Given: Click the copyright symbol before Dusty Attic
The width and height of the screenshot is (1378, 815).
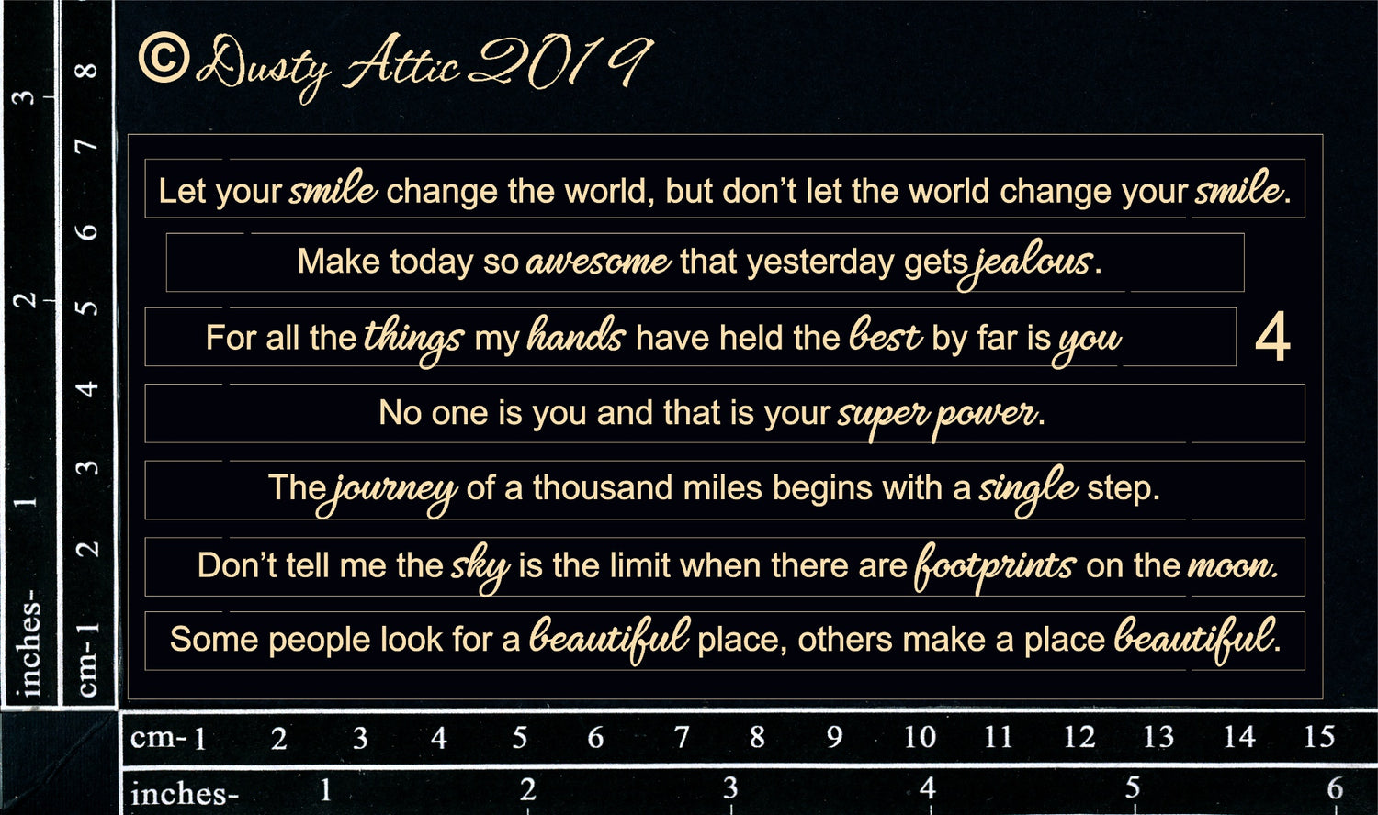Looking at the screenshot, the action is pyautogui.click(x=163, y=57).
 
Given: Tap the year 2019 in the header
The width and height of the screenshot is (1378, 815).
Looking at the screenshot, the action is pyautogui.click(x=559, y=61).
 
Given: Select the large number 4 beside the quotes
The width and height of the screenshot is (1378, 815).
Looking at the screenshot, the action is pyautogui.click(x=1272, y=337).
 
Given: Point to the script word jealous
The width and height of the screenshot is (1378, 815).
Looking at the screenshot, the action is pyautogui.click(x=1025, y=264).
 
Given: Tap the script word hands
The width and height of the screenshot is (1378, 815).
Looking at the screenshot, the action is pyautogui.click(x=576, y=335).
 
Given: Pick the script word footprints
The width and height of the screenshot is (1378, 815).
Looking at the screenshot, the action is pyautogui.click(x=995, y=568).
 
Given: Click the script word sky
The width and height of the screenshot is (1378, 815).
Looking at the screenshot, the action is pyautogui.click(x=480, y=568).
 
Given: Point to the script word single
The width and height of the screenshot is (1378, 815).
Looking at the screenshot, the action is pyautogui.click(x=1028, y=490).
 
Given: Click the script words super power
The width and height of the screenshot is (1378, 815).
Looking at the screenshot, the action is pyautogui.click(x=938, y=418).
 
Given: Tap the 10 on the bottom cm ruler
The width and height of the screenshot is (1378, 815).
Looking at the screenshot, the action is pyautogui.click(x=921, y=736).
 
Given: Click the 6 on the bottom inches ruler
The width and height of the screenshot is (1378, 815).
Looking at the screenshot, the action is pyautogui.click(x=1334, y=788).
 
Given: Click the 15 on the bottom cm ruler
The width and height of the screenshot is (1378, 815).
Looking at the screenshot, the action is pyautogui.click(x=1319, y=736).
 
